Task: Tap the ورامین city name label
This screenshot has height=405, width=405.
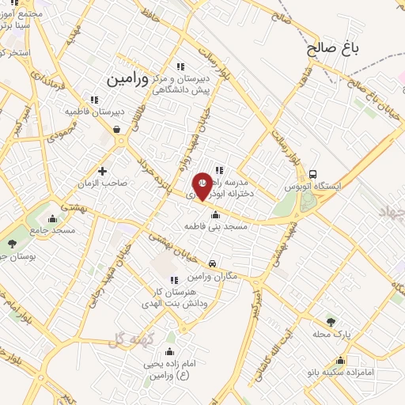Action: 127,79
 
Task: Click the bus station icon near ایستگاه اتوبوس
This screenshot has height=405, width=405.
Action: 314,175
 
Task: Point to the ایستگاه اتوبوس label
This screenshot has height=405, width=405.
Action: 315,187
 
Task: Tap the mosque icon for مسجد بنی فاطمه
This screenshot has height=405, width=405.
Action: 215,214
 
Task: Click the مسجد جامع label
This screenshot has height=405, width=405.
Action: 53,230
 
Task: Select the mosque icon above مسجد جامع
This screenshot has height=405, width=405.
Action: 53,218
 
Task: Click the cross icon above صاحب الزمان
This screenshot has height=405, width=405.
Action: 102,170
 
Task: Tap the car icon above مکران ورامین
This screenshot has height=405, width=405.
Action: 212,263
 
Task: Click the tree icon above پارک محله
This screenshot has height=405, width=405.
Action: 331,322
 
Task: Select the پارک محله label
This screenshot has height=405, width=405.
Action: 331,334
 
